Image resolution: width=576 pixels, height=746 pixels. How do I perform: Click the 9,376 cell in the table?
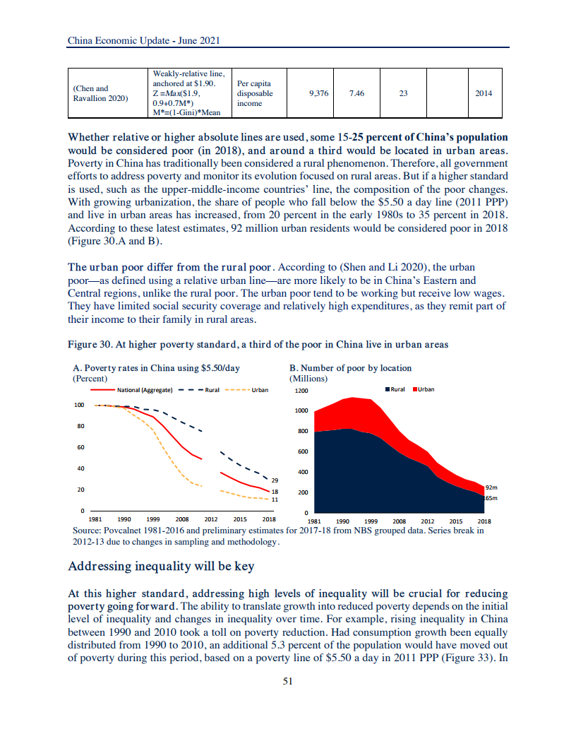319,93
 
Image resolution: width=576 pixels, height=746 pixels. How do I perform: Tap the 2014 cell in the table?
484,93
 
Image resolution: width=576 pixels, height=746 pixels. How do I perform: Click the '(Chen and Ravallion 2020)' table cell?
101,93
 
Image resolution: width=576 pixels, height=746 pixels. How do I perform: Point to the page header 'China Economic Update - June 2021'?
144,40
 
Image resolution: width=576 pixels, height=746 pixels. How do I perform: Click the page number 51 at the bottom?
288,681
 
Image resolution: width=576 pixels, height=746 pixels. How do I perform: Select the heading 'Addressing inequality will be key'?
161,567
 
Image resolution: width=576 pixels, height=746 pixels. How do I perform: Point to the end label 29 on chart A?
275,480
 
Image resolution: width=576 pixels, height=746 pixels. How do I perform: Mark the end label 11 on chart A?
275,499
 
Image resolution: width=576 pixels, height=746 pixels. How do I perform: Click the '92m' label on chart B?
492,487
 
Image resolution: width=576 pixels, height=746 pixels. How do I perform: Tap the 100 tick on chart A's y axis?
78,405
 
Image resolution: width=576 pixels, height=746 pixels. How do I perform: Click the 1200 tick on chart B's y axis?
302,391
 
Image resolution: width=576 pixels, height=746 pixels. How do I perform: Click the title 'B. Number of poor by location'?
351,368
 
